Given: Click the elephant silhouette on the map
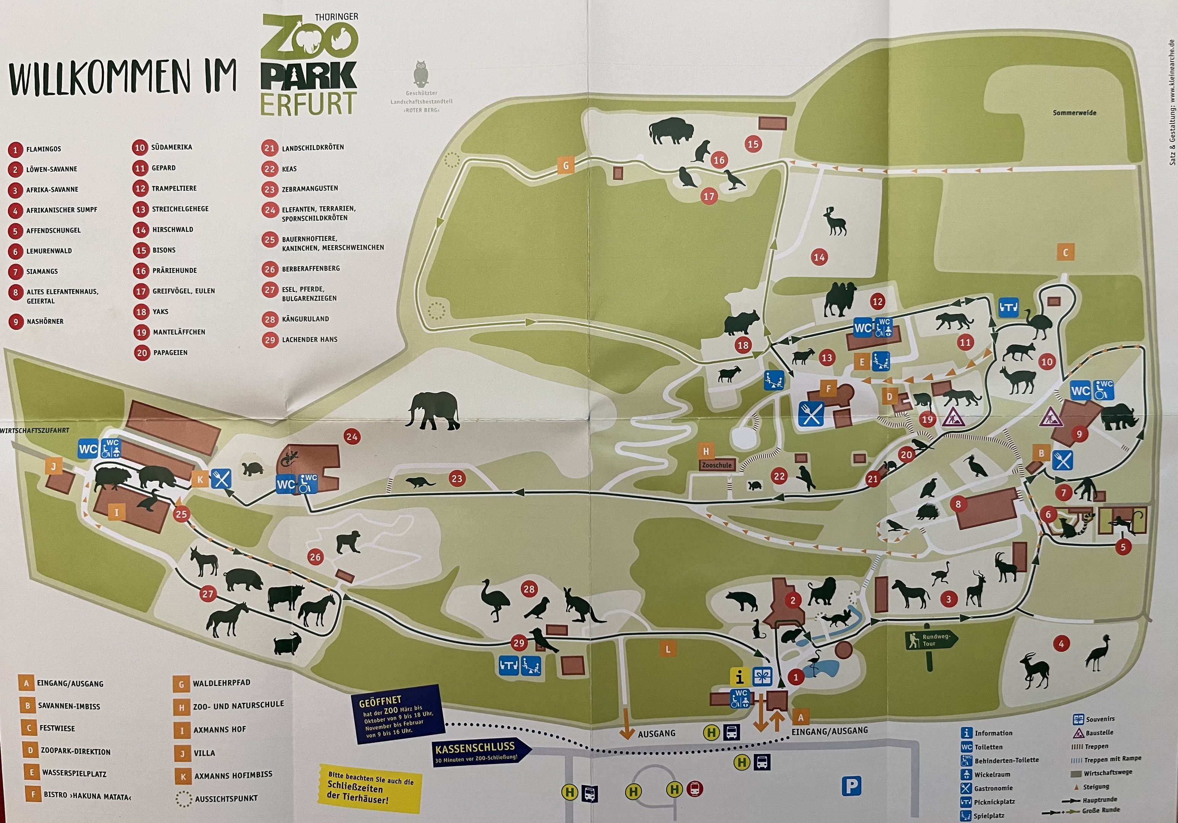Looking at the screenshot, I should (x=432, y=410).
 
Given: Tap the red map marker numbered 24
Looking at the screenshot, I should (x=352, y=437).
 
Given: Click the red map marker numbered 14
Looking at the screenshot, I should (x=819, y=257).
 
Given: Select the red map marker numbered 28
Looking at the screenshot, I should (x=528, y=589).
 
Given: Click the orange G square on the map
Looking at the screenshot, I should (x=566, y=166).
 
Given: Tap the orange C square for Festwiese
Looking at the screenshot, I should (x=1065, y=252).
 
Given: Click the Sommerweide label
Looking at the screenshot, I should (x=1074, y=113).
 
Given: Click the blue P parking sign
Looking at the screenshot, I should (x=851, y=786).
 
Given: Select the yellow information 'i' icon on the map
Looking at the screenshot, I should (x=739, y=677).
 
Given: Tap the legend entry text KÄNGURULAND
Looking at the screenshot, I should (x=305, y=319).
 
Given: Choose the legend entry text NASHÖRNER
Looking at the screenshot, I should (x=45, y=322).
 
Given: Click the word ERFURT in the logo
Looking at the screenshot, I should (x=308, y=104).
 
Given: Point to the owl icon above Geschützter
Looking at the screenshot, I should (x=421, y=74).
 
